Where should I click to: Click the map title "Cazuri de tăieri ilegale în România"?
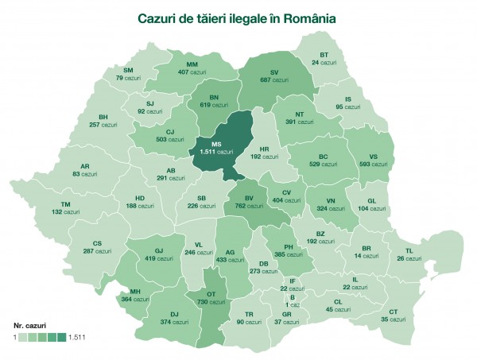point(236,17)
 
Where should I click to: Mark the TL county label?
point(409,255)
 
